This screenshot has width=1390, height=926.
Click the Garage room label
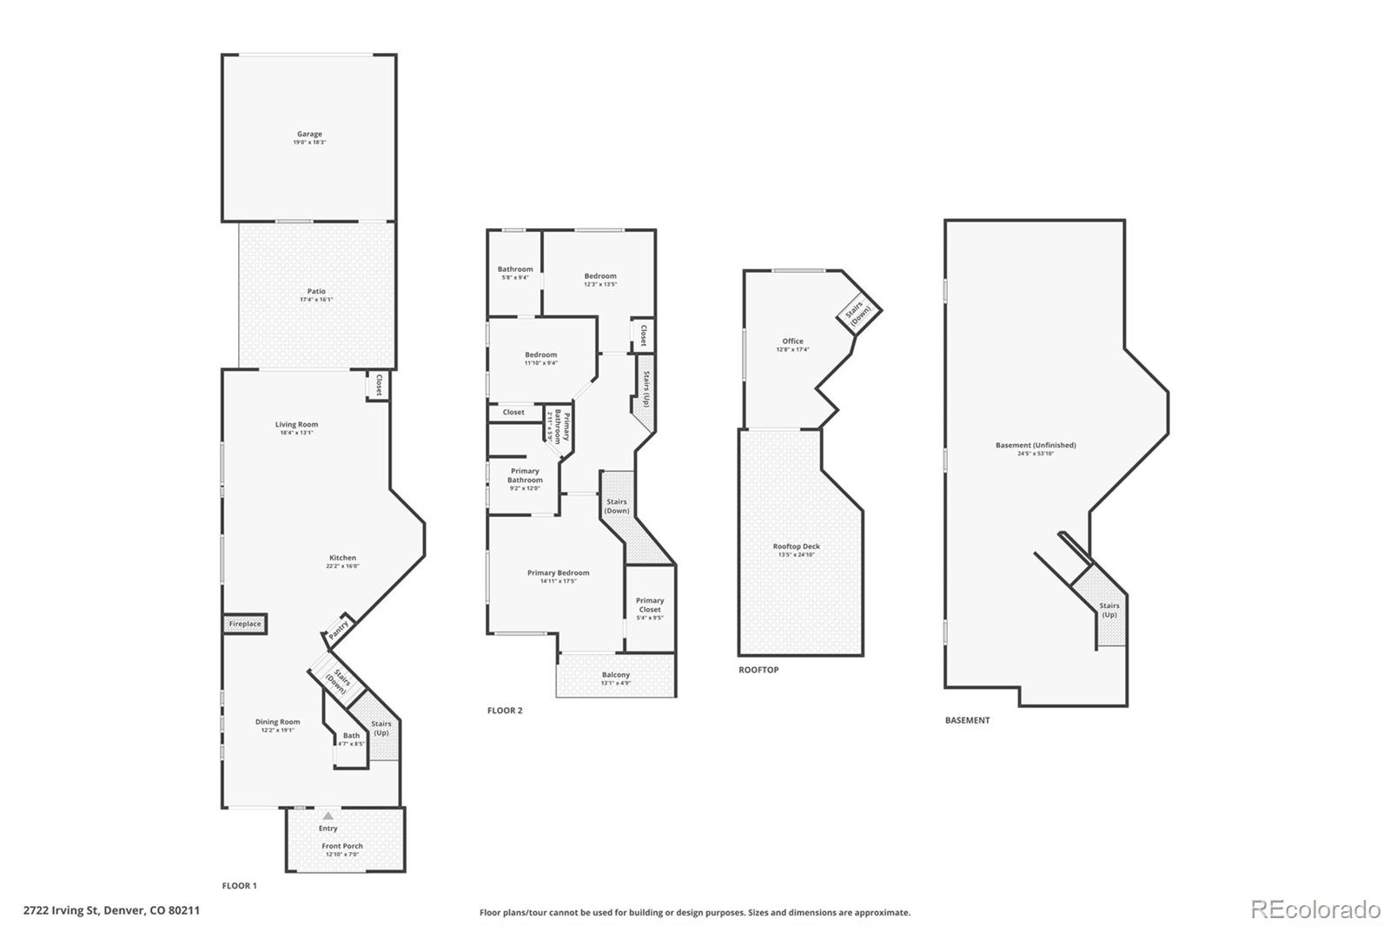[x=309, y=134]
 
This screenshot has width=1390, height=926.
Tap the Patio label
[x=316, y=292]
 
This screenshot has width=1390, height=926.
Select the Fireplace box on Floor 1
[x=245, y=624]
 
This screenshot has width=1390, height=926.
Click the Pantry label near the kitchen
[x=340, y=626]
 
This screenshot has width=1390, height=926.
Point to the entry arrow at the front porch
[x=328, y=817]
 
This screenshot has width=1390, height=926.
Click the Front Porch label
[x=342, y=846]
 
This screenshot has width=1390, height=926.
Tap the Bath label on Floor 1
[x=351, y=736]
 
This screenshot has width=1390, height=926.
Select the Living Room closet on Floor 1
[x=378, y=385]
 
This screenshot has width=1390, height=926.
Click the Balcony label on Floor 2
[x=616, y=675]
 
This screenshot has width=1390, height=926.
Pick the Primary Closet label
[x=650, y=605]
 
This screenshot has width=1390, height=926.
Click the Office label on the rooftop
[x=792, y=341]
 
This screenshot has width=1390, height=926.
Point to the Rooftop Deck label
[x=797, y=546]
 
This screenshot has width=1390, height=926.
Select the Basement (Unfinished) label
[x=1036, y=445]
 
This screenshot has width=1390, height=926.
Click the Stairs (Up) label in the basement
[x=1109, y=610]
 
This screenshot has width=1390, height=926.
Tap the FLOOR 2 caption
[x=505, y=711]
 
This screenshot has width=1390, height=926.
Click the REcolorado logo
[x=1315, y=909]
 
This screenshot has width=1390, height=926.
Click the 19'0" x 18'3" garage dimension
[x=309, y=142]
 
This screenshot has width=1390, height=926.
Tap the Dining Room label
[x=278, y=722]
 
